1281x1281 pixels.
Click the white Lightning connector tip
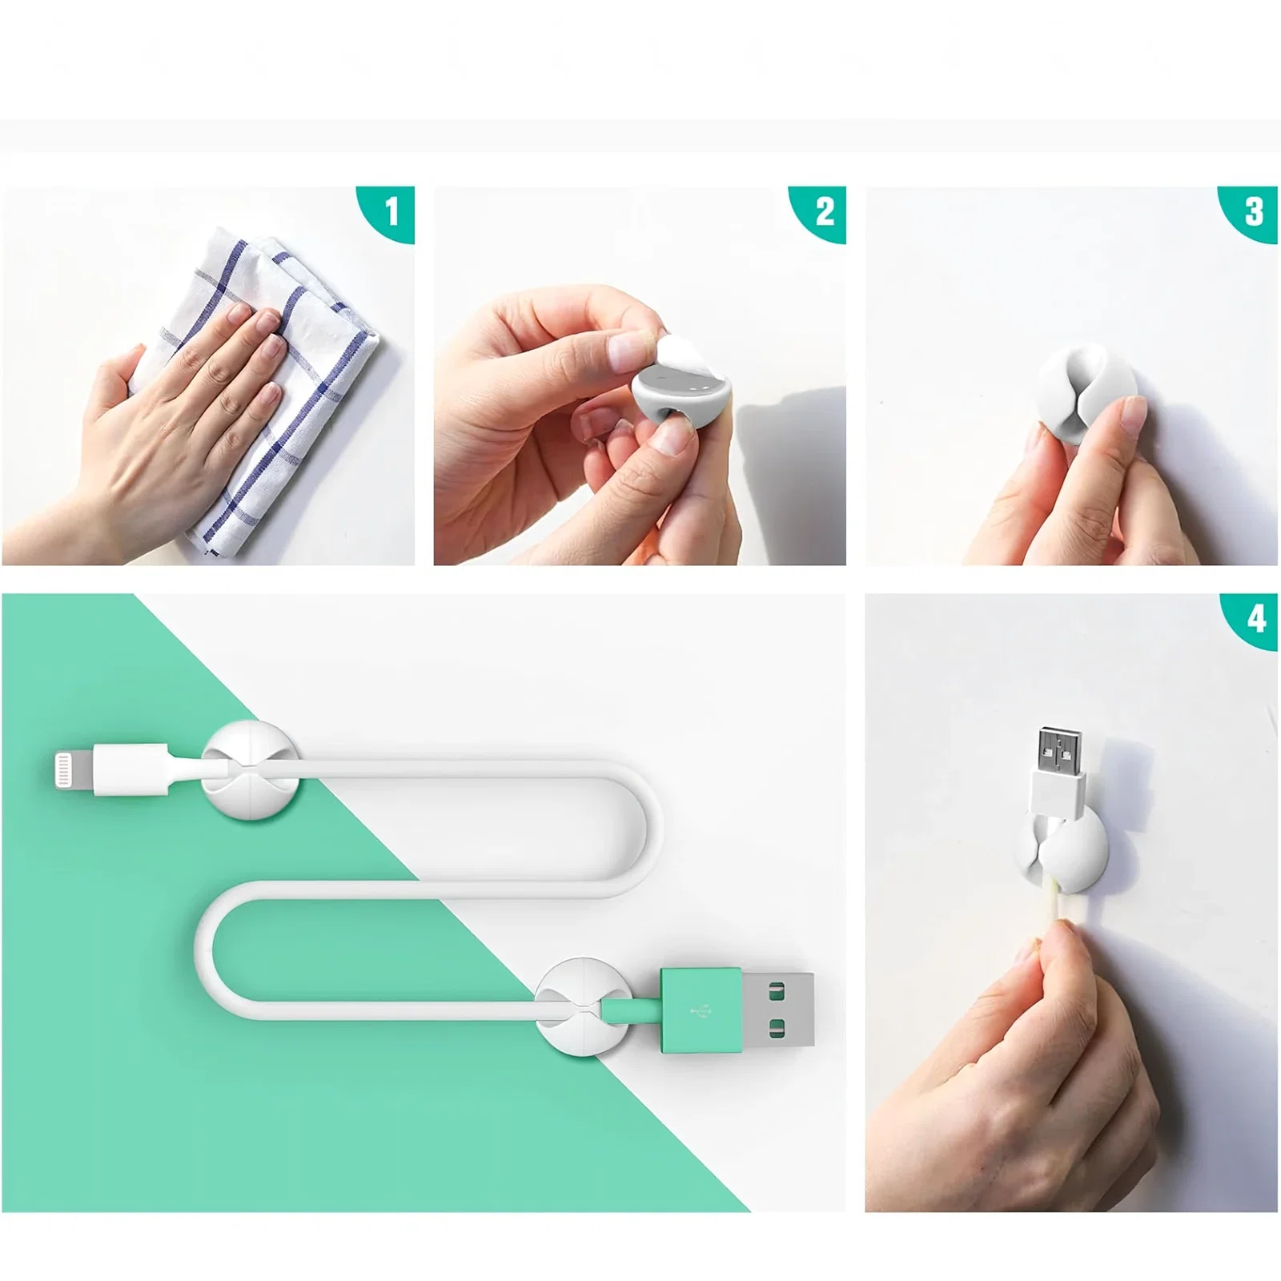[74, 772]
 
